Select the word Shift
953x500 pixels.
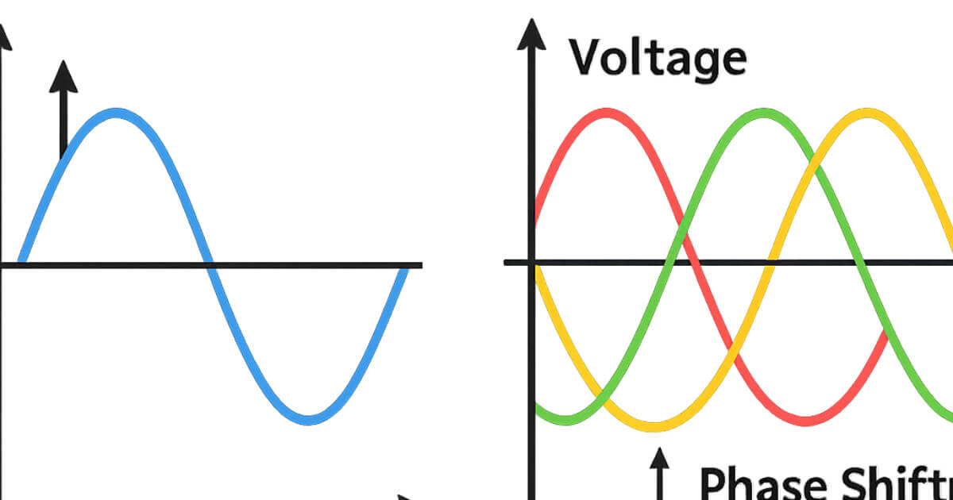889,482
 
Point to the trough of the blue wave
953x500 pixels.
310,418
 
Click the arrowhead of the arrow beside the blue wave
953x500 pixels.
64,76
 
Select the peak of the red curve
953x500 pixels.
605,113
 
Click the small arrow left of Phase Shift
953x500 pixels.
658,468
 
